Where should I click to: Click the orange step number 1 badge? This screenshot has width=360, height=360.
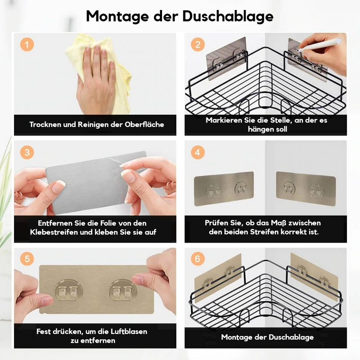[27, 45]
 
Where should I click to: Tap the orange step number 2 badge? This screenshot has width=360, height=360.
[198, 45]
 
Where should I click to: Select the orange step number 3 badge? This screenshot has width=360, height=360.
[27, 153]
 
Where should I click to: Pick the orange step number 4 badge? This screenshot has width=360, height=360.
[198, 153]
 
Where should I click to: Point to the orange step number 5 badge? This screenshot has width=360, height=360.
[27, 259]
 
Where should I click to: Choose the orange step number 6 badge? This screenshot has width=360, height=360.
[198, 259]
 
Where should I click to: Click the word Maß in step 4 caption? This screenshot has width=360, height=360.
[280, 223]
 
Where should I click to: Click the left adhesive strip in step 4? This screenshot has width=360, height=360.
[224, 189]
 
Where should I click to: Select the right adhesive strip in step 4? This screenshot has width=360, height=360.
[306, 189]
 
